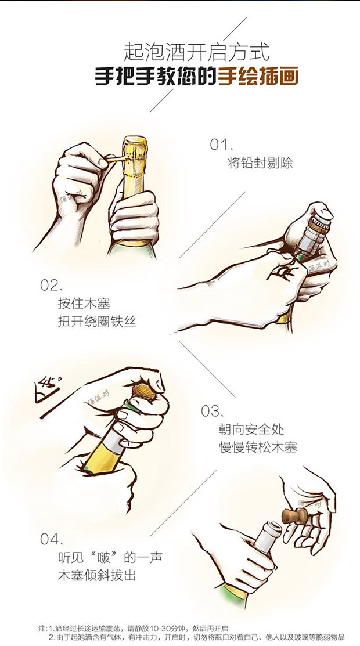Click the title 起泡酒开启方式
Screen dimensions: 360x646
pyautogui.click(x=196, y=53)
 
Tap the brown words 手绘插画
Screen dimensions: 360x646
pyautogui.click(x=258, y=77)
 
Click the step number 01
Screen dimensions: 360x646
pyautogui.click(x=219, y=145)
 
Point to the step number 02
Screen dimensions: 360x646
pyautogui.click(x=49, y=285)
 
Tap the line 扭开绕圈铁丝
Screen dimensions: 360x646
pyautogui.click(x=97, y=322)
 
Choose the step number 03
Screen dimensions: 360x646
pyautogui.click(x=210, y=411)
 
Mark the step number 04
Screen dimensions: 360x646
pyautogui.click(x=50, y=539)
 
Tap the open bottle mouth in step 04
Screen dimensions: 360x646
pyautogui.click(x=272, y=528)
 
